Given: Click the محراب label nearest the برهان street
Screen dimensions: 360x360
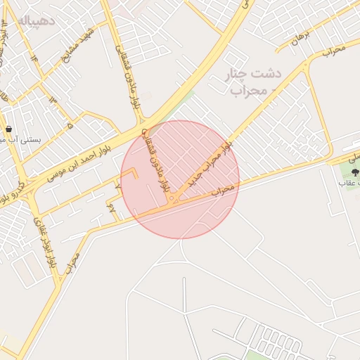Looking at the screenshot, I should click(334, 50).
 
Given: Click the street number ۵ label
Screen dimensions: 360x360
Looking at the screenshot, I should click(70, 125).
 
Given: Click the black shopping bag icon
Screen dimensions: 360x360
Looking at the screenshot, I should click(8, 129).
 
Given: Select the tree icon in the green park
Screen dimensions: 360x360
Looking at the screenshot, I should click(354, 169).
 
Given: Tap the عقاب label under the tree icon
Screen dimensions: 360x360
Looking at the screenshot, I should click(348, 183).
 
